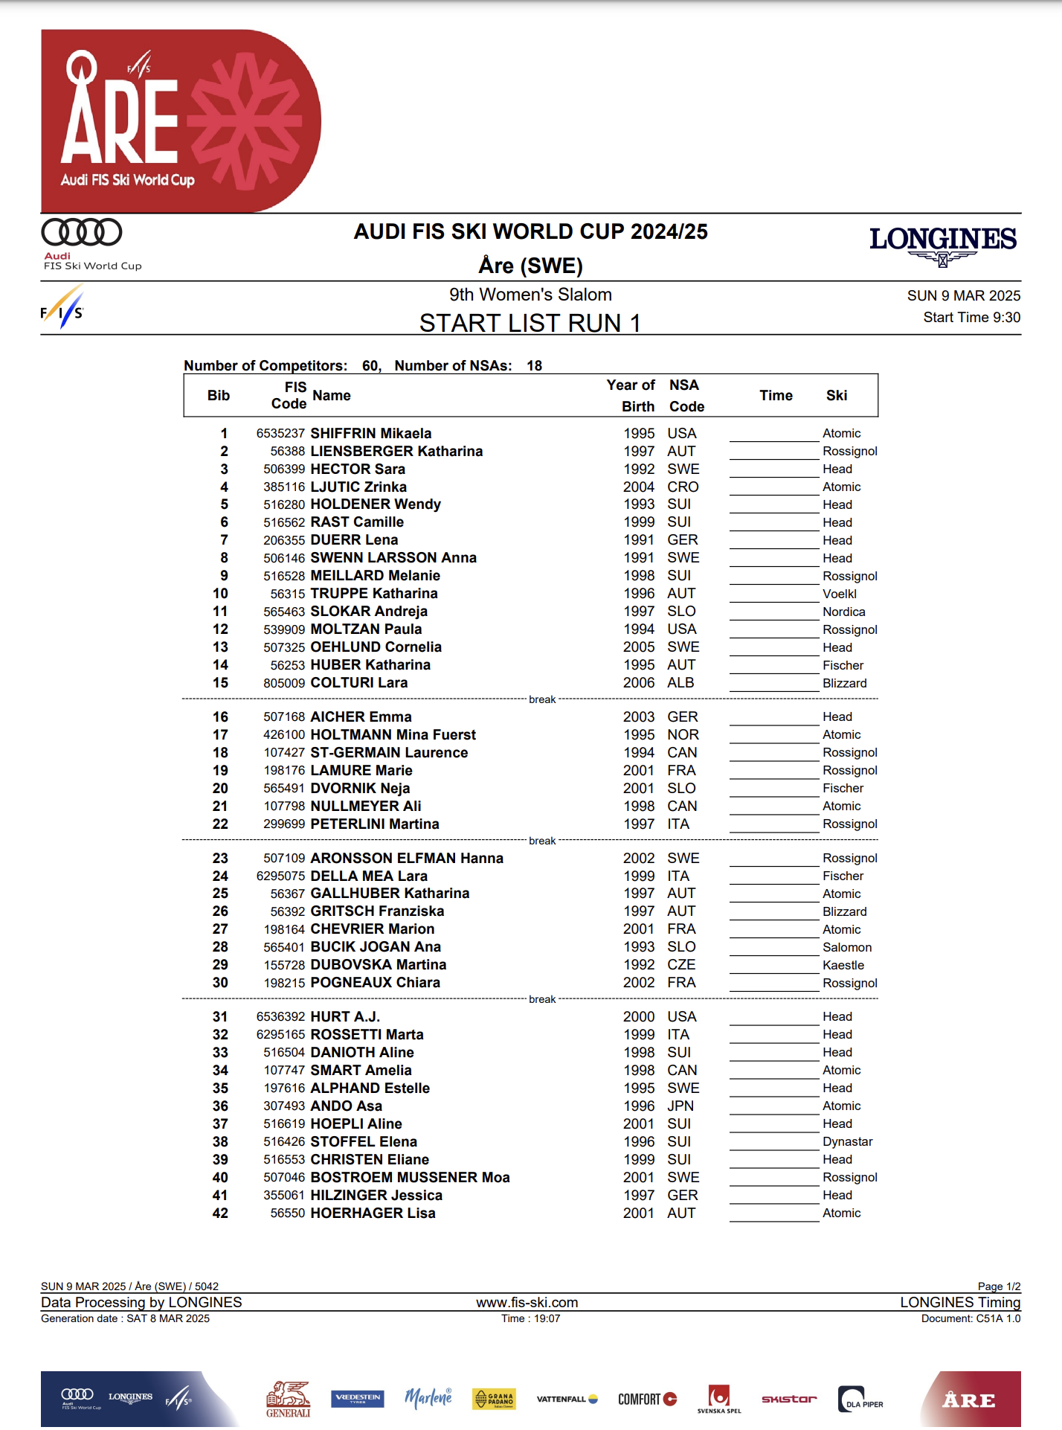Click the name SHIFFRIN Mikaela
coord(370,433)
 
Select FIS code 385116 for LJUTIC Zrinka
coord(283,487)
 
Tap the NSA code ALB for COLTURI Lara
coord(680,683)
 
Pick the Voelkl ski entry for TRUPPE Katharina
coord(839,594)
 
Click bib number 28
coord(220,947)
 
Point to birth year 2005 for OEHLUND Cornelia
coord(639,647)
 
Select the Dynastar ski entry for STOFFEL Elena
coord(847,1142)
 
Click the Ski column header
coord(836,396)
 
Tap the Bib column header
coord(219,396)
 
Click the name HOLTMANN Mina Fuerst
coord(393,735)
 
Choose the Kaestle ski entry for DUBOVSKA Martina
coord(843,966)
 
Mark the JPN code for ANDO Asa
coord(680,1106)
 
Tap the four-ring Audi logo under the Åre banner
coord(82,233)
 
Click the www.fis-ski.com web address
coord(527,1303)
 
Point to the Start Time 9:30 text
coord(971,318)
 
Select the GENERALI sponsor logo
coord(288,1399)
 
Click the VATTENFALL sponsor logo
coord(567,1399)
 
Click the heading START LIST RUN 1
coord(530,324)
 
